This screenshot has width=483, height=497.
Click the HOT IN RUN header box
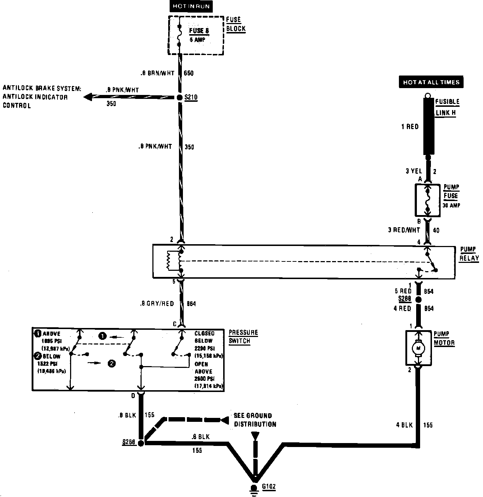[191, 6]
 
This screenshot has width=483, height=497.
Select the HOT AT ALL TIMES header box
[431, 82]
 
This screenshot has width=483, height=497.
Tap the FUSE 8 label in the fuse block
[199, 31]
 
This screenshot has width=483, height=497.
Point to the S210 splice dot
[180, 97]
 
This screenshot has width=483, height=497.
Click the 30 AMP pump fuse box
[427, 200]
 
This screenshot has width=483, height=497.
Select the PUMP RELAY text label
[469, 254]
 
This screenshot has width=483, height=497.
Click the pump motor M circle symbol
[418, 347]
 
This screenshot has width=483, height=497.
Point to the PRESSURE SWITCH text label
[243, 337]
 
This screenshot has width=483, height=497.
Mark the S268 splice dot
[141, 443]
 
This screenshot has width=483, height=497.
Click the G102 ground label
[269, 487]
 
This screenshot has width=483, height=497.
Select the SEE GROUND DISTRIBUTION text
[255, 420]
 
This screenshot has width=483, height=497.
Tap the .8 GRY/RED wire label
[157, 304]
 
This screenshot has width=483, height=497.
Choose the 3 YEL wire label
[414, 171]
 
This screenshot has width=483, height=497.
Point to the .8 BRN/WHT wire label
[158, 73]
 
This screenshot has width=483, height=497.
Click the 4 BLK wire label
[405, 425]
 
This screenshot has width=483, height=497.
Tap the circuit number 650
[189, 73]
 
